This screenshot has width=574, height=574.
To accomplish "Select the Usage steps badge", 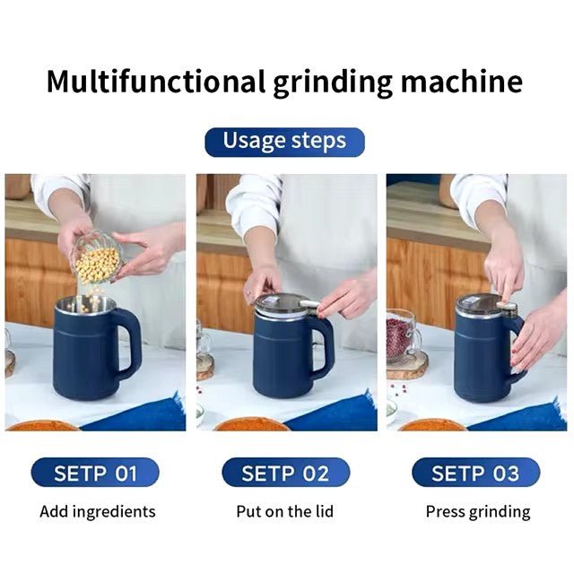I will tap(284, 142).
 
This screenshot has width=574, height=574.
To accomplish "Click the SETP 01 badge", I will tap(95, 473).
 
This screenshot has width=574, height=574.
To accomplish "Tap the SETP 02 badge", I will tap(286, 473).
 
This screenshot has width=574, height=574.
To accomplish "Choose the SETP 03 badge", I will tap(475, 473).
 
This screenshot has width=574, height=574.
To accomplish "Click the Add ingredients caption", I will tap(97, 512).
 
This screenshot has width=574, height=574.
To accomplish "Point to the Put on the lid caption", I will tap(286, 512).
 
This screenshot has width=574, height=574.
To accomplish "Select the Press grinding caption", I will tap(477, 512).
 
